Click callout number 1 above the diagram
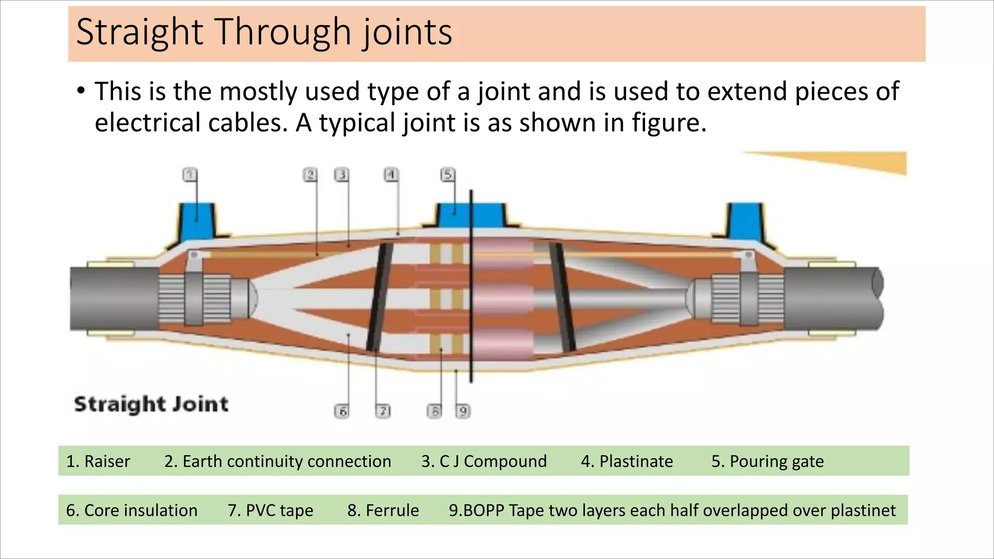point(190,175)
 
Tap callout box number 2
point(310,175)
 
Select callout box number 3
point(342,175)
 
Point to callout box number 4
point(391,175)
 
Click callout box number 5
point(447,175)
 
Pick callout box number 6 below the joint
point(342,411)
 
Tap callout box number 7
point(383,411)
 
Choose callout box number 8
point(434,411)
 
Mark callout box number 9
point(463,411)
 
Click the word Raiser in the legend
point(107,461)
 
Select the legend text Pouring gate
point(777,461)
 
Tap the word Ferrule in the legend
point(392,510)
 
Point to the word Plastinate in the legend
point(636,461)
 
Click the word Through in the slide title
point(284,32)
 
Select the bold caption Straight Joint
point(151,404)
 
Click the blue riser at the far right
point(746,221)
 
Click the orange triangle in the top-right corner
point(864,161)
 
